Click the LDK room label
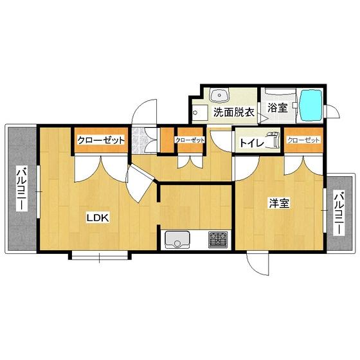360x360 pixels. click(x=98, y=218)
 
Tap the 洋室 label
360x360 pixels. click(x=279, y=203)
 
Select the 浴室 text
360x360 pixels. click(x=278, y=107)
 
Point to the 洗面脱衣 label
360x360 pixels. click(x=234, y=113)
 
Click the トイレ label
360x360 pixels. click(x=251, y=143)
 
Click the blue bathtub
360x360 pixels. click(x=310, y=105)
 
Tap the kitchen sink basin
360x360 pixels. click(x=177, y=240)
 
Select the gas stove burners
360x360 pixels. click(x=218, y=240)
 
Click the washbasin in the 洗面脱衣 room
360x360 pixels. click(x=220, y=96)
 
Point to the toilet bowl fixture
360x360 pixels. click(x=273, y=140)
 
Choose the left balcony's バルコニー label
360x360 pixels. click(x=22, y=188)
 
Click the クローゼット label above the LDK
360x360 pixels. click(x=101, y=140)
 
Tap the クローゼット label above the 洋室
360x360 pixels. click(x=303, y=140)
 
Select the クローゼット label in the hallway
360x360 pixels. click(x=190, y=140)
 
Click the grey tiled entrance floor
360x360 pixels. click(x=138, y=141)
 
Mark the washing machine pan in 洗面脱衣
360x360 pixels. click(x=200, y=113)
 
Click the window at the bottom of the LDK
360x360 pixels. click(x=100, y=255)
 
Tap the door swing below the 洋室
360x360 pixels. click(x=258, y=264)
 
